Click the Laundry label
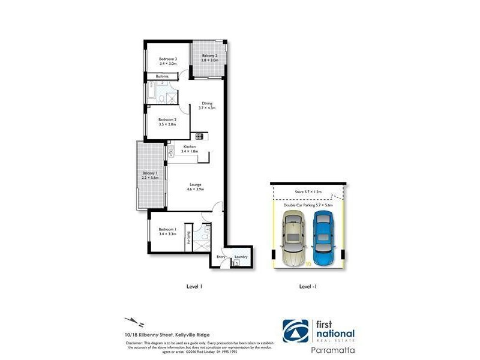click(241, 257)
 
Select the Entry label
click(221, 257)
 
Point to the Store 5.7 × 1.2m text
click(308, 192)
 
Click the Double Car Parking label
click(307, 205)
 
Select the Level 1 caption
click(196, 287)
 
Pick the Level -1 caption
click(308, 287)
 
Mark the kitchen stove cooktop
click(199, 136)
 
